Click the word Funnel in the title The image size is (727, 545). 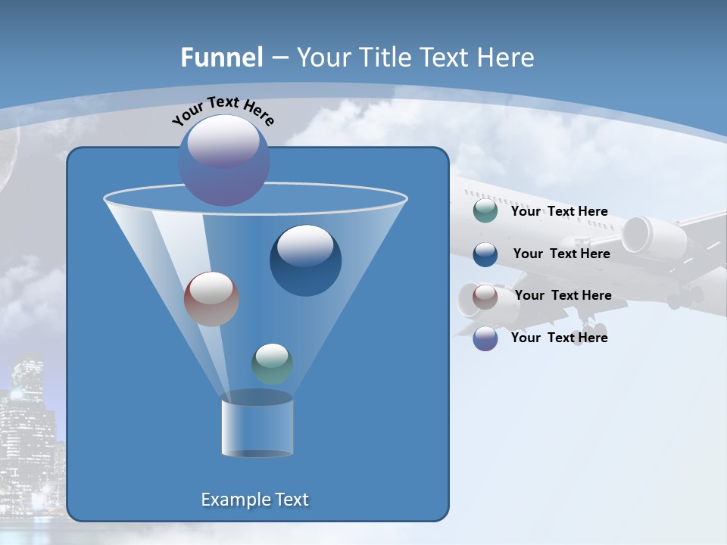tap(221, 58)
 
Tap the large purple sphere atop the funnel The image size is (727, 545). tap(224, 160)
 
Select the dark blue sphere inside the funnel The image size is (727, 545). tap(306, 260)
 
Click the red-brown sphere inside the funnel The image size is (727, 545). tap(212, 299)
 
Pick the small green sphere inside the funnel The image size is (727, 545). tap(272, 363)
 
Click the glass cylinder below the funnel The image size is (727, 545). tap(257, 428)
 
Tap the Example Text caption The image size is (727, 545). tap(254, 500)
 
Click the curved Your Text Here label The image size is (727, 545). tap(223, 111)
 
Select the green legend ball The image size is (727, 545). tap(485, 211)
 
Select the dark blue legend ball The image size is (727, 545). tap(485, 254)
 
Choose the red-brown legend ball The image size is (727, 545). tap(485, 296)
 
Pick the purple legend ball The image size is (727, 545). tap(485, 338)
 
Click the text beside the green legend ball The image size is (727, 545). tap(559, 211)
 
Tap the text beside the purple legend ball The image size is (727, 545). tap(559, 338)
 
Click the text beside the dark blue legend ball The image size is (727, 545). tap(561, 254)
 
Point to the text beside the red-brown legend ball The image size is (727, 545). tap(563, 295)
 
